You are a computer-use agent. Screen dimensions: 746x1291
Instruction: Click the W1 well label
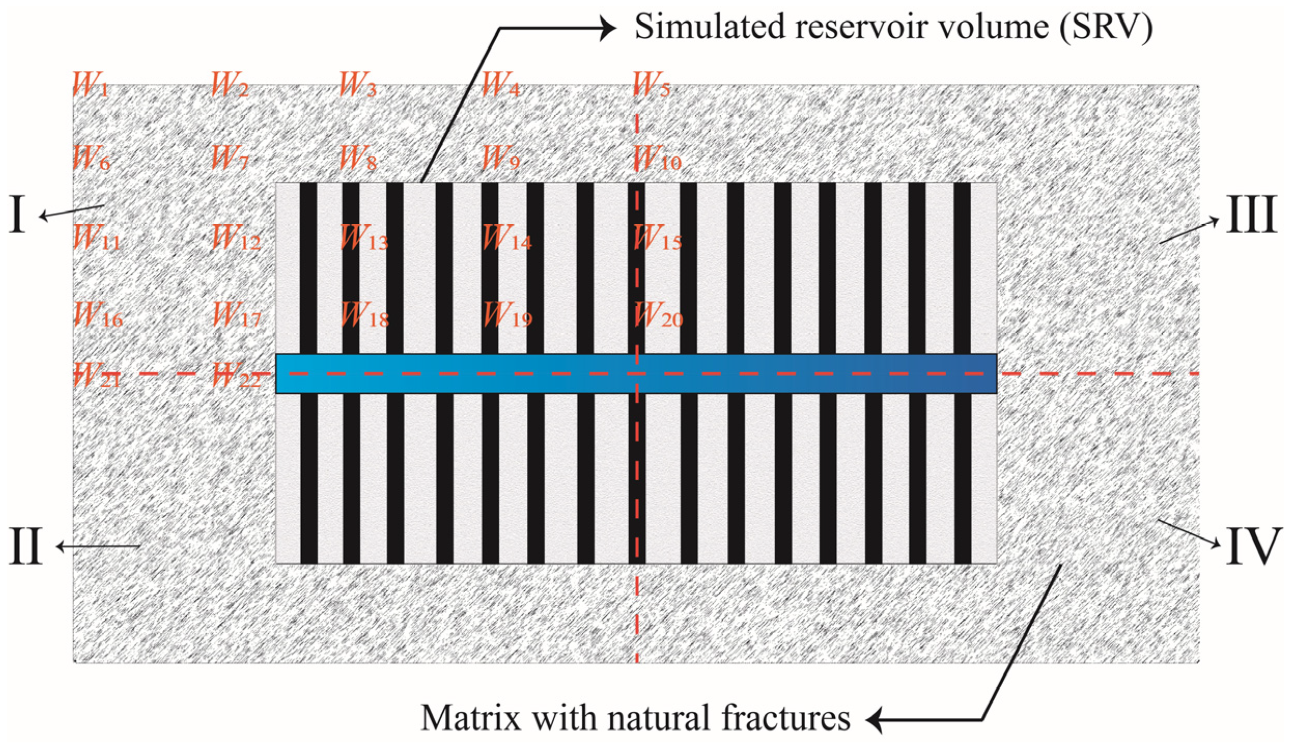click(x=91, y=85)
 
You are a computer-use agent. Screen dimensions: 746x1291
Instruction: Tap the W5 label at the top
click(x=652, y=85)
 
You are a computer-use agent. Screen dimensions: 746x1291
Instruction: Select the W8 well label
click(x=358, y=158)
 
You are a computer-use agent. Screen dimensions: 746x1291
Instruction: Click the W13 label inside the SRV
click(x=363, y=238)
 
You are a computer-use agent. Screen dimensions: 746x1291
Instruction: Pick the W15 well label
click(x=657, y=238)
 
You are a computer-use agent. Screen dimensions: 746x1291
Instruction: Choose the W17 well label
click(x=236, y=315)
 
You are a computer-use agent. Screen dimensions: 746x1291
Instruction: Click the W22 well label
click(x=236, y=375)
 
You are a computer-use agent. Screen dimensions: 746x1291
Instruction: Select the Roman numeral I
click(x=17, y=215)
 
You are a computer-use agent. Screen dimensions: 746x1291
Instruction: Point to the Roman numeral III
click(x=1251, y=215)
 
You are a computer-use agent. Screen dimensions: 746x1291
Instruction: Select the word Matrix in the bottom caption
click(x=470, y=719)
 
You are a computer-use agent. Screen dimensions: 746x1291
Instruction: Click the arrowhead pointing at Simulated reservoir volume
click(x=608, y=28)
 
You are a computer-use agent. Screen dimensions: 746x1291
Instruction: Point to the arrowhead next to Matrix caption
click(x=875, y=720)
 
